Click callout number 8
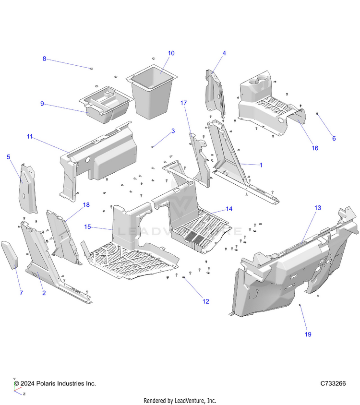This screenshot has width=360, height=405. coord(45,59)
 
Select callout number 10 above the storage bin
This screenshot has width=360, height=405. coord(171,53)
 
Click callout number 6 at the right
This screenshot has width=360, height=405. coord(334,138)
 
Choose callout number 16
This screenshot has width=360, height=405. coord(315,148)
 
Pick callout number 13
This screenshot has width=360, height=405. coord(318,208)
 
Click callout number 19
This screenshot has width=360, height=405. coord(308,334)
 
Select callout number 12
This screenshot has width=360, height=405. coord(206,302)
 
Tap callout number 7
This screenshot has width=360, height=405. coord(21,293)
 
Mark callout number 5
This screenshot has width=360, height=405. coord(8,156)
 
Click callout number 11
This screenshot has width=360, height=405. coord(30,137)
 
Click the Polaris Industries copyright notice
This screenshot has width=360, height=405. coord(55,384)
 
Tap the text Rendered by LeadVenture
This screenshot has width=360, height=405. coord(180,401)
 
